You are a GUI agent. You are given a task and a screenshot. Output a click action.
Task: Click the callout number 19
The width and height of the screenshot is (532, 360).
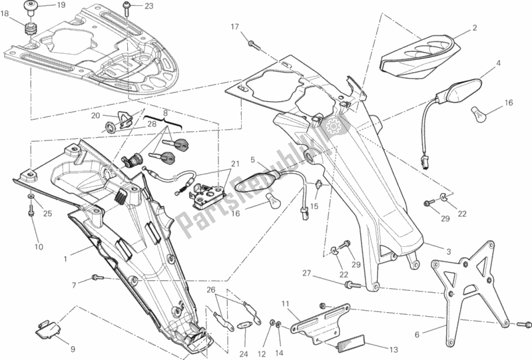(61, 6)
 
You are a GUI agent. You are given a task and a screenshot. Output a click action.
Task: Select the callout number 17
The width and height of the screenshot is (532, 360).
(234, 27)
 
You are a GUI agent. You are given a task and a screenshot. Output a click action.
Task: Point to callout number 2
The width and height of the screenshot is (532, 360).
(475, 28)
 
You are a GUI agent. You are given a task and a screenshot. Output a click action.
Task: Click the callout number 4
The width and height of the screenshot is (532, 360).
(497, 64)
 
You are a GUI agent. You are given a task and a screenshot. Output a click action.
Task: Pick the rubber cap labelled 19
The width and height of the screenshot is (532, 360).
(31, 8)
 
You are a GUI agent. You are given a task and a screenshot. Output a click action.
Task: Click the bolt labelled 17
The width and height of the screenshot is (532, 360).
(254, 45)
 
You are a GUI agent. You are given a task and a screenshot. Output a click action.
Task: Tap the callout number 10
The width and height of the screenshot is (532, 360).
(39, 247)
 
